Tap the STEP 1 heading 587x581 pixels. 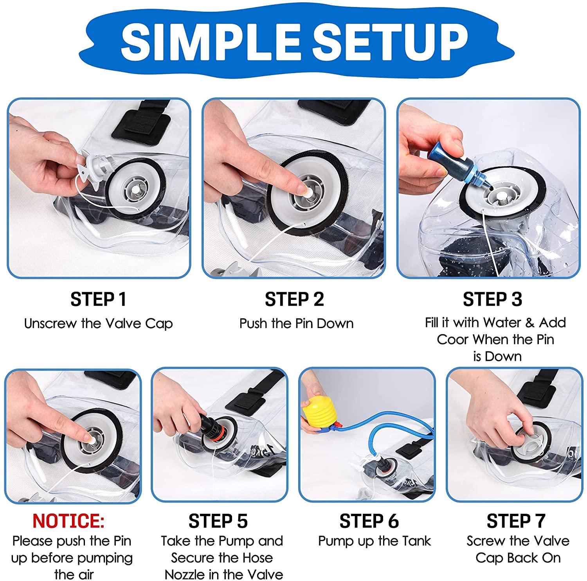pos(99,299)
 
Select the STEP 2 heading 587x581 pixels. pos(295,299)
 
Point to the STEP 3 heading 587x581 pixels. pos(493,299)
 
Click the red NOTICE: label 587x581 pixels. pos(68,521)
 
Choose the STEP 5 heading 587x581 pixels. pos(218,521)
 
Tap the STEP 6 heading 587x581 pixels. pos(369,521)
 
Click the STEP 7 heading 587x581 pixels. pos(516,521)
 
